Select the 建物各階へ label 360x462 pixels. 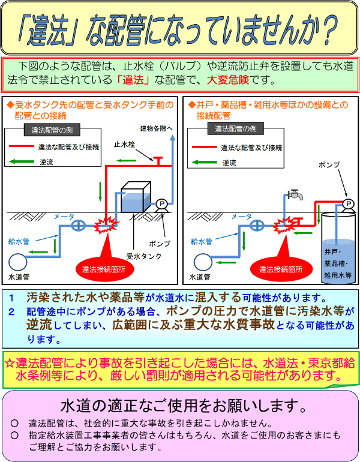(x=157, y=128)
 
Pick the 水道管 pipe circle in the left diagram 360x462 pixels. (x=17, y=262)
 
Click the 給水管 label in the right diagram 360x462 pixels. (x=202, y=242)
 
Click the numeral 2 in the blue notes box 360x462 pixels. (x=11, y=311)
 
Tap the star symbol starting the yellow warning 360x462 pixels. (x=10, y=363)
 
